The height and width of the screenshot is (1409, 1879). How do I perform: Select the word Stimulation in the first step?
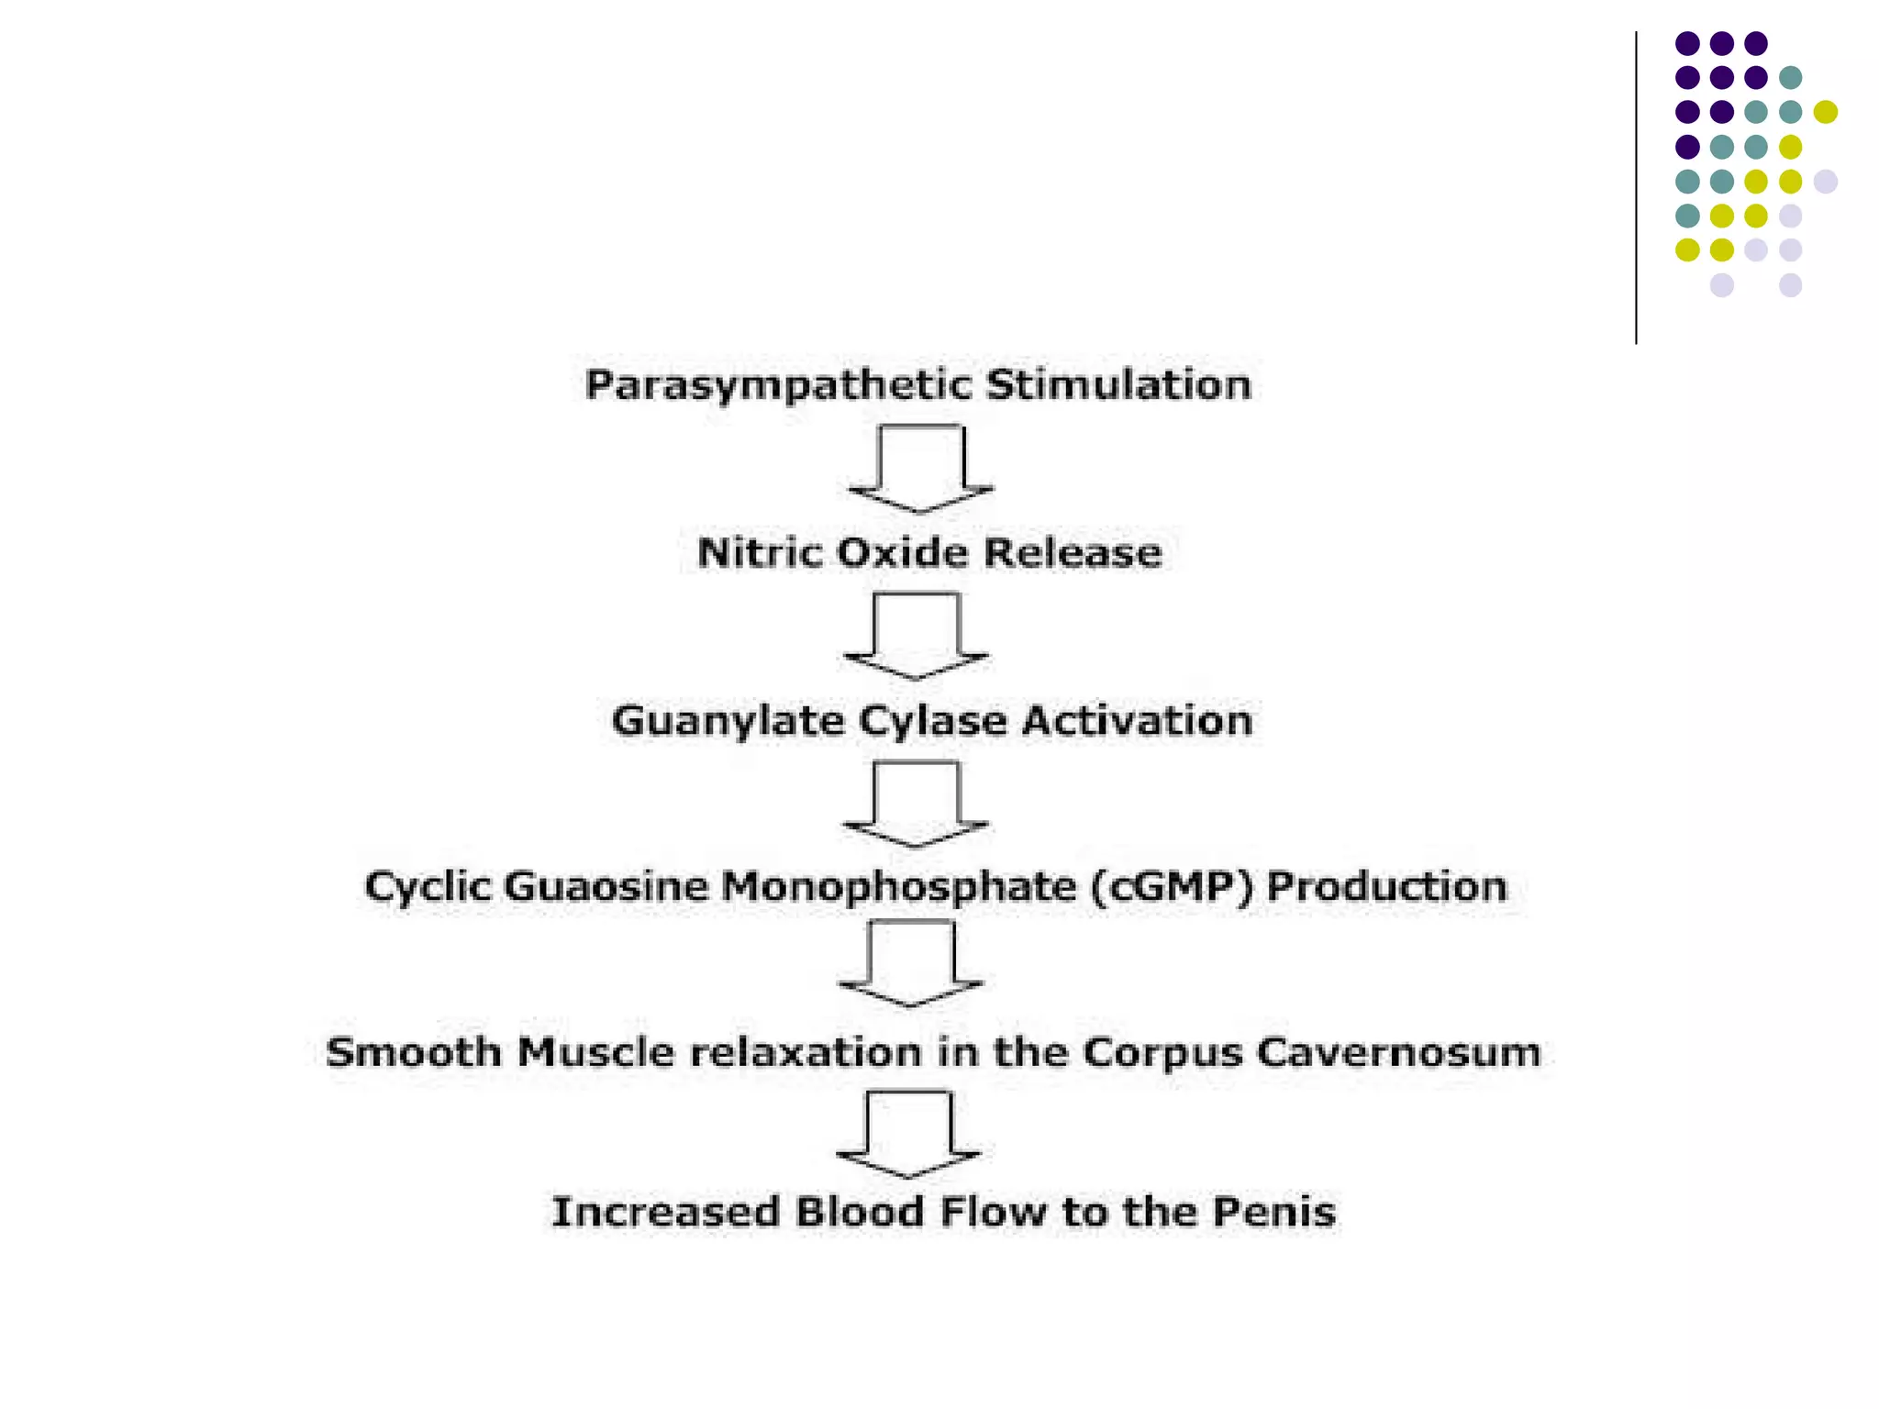pos(1119,384)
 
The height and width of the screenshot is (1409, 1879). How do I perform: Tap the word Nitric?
pos(760,553)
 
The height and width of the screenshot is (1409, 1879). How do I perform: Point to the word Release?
pos(1073,553)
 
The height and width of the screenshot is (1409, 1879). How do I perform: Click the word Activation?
pos(1138,720)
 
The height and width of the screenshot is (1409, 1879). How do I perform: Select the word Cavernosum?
pos(1398,1052)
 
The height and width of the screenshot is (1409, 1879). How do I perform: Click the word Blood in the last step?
pos(860,1212)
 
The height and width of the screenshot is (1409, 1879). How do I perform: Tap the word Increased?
pos(665,1212)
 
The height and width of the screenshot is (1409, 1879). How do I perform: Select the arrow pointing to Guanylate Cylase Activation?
pos(916,636)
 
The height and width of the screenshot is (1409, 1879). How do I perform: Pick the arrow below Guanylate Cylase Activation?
pos(916,804)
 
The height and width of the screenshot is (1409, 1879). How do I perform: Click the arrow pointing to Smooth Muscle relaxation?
pos(911,963)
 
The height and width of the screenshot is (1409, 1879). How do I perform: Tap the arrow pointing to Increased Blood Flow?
pos(909,1134)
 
